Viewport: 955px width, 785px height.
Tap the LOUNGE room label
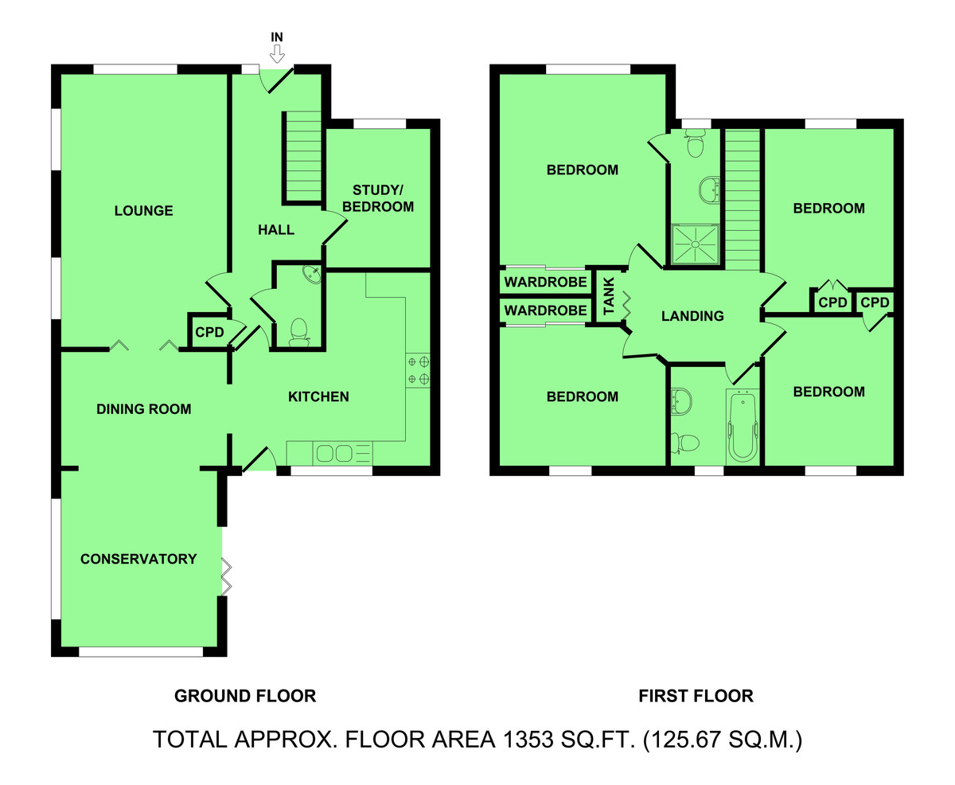143,211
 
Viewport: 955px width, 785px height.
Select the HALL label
276,229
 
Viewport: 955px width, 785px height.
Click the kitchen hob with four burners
418,370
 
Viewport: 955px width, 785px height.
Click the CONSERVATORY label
138,559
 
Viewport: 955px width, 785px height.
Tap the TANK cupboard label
609,296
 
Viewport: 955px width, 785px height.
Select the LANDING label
692,316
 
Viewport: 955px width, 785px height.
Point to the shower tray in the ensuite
695,244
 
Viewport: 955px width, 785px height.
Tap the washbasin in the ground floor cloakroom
312,274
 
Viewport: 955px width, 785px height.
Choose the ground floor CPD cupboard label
209,333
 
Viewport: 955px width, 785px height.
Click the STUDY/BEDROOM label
378,198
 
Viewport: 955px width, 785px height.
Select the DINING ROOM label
143,409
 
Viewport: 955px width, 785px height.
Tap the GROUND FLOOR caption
245,696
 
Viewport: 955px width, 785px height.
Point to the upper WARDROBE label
546,282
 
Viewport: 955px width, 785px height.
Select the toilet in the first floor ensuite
695,143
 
